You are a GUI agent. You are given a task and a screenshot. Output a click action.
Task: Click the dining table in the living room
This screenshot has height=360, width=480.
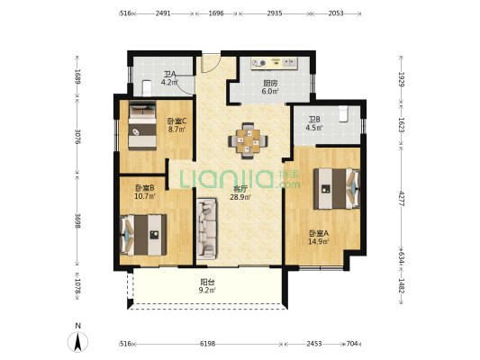point(248,141)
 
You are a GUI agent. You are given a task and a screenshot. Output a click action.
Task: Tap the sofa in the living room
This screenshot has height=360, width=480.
point(206,228)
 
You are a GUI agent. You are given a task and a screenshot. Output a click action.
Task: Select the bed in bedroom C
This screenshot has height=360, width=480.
point(142,125)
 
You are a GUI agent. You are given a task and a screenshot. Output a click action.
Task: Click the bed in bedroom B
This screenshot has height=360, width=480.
point(143,235)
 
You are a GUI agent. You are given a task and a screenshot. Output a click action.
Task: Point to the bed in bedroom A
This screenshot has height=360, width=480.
point(337,189)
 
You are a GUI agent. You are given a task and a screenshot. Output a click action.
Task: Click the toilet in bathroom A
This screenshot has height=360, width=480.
point(148,87)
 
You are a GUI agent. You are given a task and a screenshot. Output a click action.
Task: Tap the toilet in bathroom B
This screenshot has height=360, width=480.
point(344,113)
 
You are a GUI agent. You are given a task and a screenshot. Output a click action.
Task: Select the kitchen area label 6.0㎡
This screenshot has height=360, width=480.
point(269,91)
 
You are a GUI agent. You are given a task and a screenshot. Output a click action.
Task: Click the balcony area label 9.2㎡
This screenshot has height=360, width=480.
point(207,290)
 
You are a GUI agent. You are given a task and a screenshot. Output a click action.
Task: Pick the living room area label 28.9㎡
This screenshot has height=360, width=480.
point(240,197)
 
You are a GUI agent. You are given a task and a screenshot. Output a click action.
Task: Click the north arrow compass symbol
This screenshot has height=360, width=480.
point(78,341)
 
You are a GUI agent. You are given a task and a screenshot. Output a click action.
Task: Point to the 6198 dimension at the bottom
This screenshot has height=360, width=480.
point(207,344)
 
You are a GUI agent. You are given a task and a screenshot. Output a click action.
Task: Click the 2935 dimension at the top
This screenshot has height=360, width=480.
point(275,13)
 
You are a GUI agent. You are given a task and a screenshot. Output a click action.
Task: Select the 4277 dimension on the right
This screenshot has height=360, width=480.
point(402,198)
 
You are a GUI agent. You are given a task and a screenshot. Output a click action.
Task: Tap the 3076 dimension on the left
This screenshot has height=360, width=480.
point(77,137)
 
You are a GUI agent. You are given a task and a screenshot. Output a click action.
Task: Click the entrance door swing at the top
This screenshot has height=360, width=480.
point(211,63)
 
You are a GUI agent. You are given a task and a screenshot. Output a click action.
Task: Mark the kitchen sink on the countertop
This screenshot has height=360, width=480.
point(289,63)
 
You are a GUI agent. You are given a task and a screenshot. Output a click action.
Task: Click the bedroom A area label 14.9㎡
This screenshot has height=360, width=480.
point(319,241)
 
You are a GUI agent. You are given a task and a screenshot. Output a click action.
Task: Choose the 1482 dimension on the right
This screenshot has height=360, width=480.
point(402,285)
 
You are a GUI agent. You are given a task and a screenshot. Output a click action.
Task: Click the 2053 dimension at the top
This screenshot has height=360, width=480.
point(336,13)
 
